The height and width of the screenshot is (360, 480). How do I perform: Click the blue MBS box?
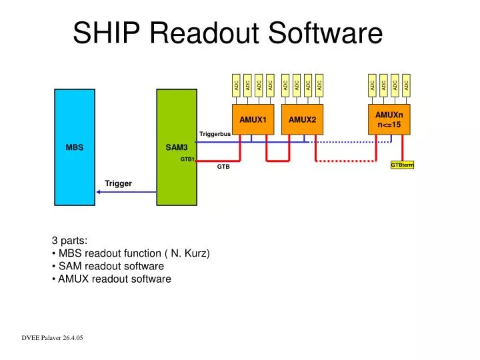[74, 147]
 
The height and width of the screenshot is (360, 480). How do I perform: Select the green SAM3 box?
[176, 147]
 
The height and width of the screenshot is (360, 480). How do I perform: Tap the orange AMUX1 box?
[253, 119]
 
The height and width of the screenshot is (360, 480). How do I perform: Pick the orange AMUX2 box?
[302, 119]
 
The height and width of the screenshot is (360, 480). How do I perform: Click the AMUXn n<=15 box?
[389, 119]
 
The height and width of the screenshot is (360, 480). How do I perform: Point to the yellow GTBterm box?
[402, 165]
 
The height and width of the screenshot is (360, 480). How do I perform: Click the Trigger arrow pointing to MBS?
[127, 192]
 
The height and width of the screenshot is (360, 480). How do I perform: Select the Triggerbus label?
[215, 135]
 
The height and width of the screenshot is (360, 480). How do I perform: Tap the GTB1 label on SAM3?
[187, 160]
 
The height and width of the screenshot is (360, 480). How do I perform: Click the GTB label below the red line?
[223, 167]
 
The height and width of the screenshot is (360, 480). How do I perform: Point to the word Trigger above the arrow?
[118, 183]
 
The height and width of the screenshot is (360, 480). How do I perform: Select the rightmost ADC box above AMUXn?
[406, 85]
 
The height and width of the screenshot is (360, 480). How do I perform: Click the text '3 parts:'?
[70, 241]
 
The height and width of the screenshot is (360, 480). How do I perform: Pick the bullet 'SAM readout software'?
[111, 266]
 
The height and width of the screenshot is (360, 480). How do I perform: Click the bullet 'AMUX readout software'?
[114, 279]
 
